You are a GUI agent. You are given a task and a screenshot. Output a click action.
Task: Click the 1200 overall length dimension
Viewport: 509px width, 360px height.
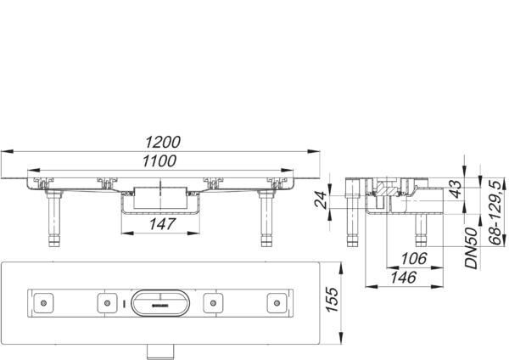click(163, 143)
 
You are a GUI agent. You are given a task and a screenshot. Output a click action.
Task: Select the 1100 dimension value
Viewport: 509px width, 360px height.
click(159, 160)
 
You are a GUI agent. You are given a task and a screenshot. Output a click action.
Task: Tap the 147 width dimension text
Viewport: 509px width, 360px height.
click(163, 224)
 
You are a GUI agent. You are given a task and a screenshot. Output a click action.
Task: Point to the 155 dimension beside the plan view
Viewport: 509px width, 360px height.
click(332, 299)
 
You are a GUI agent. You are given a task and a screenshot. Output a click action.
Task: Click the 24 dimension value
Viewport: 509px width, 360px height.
click(321, 200)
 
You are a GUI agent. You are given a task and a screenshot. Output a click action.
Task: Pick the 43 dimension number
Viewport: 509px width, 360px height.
click(456, 189)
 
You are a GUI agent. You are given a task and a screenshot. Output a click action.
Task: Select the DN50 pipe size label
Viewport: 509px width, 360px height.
click(472, 248)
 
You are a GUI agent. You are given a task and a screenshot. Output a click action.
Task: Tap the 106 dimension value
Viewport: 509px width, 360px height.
click(414, 259)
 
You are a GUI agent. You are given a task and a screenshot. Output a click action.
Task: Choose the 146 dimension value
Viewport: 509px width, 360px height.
click(404, 278)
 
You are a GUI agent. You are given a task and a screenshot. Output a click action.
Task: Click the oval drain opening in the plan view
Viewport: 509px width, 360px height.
click(159, 303)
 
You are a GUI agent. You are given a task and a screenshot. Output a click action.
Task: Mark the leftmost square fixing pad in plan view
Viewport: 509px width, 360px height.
click(43, 303)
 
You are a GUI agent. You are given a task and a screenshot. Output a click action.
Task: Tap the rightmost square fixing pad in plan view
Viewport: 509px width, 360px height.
click(277, 303)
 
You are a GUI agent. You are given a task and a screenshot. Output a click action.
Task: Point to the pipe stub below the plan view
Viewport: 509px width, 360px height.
click(160, 352)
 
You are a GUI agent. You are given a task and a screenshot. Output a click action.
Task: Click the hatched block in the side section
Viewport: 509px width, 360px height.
click(388, 188)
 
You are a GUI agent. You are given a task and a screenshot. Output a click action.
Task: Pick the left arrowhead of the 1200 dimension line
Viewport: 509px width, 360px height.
click(7, 151)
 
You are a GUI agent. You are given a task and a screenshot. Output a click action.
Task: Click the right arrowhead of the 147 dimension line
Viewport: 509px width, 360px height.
click(193, 233)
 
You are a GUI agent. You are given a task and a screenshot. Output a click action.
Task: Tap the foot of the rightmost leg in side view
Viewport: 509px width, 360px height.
click(421, 242)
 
